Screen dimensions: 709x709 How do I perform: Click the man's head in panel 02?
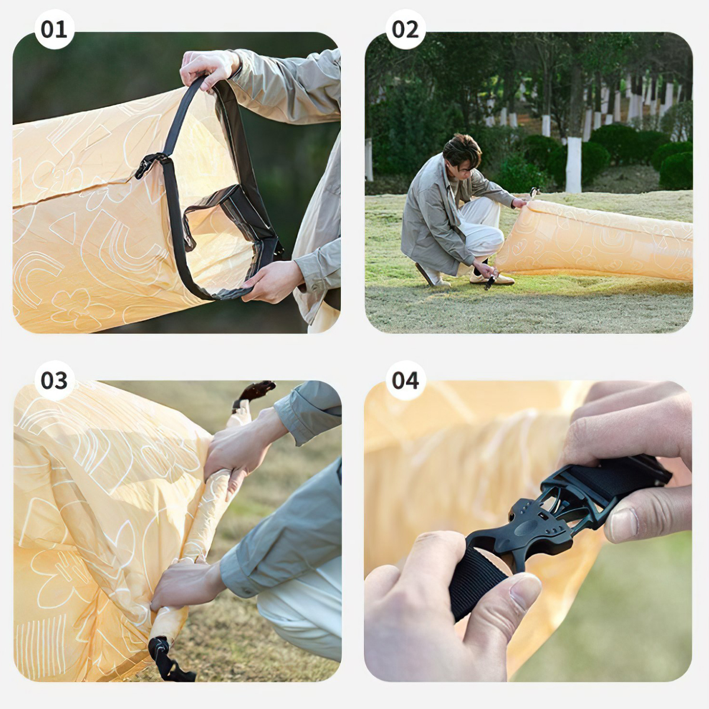[461, 152]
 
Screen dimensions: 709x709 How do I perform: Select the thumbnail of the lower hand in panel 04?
[525, 591]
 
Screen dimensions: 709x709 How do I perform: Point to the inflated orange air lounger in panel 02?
[597, 239]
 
